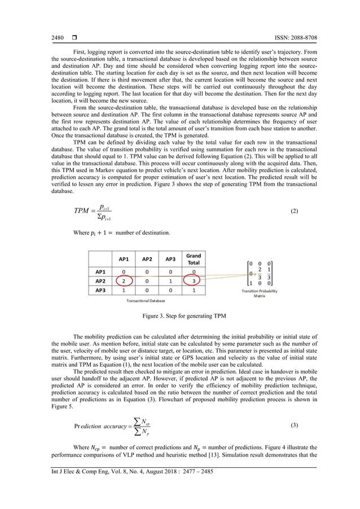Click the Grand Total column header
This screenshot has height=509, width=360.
tap(194, 259)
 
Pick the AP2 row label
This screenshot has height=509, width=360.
tap(100, 280)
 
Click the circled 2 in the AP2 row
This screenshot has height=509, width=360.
tap(124, 280)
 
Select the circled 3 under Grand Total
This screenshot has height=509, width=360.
tap(194, 280)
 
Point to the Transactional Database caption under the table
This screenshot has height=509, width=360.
tap(146, 301)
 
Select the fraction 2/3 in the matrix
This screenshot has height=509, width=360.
tap(259, 273)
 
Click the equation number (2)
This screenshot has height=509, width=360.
tap(294, 212)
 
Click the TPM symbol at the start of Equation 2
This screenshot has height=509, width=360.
tap(82, 212)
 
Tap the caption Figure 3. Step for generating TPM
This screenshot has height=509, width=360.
tap(179, 317)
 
